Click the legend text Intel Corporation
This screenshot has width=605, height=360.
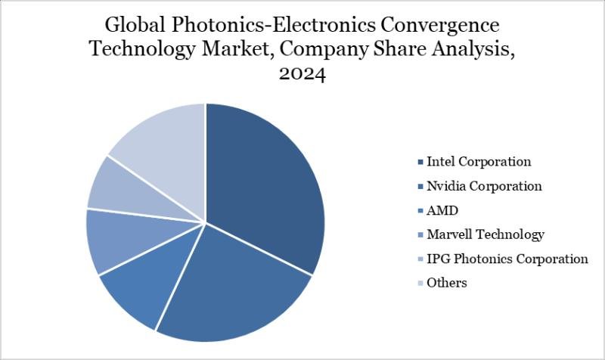[x=479, y=162]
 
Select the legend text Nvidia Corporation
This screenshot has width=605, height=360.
[x=484, y=186]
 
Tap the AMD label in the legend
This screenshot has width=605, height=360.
[x=443, y=210]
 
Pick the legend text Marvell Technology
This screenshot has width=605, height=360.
[x=486, y=234]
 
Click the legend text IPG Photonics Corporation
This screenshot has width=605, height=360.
[x=507, y=259]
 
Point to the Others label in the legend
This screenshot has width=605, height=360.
[x=447, y=283]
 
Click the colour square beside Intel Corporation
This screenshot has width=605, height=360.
[x=419, y=162]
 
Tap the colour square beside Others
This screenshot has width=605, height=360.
[x=419, y=283]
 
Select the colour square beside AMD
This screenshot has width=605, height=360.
[x=419, y=210]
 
